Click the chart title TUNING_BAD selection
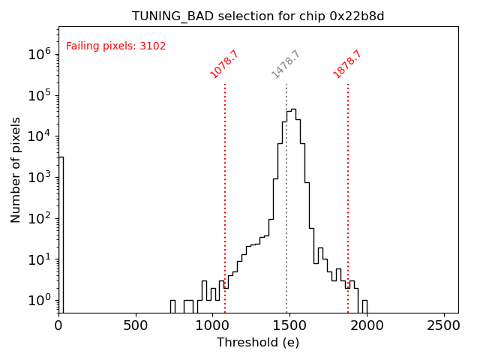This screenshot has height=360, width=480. pyautogui.click(x=258, y=16)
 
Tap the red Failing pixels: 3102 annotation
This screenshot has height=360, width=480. pyautogui.click(x=116, y=46)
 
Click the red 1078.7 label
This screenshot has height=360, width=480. pyautogui.click(x=223, y=64)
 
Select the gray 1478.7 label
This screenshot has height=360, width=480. pyautogui.click(x=285, y=64)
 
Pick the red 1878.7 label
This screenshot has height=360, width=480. pyautogui.click(x=346, y=64)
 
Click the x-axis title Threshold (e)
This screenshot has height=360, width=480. pyautogui.click(x=258, y=343)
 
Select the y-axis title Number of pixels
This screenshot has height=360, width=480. pyautogui.click(x=16, y=169)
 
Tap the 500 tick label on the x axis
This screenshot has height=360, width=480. pyautogui.click(x=136, y=326)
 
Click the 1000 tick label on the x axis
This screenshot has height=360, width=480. pyautogui.click(x=212, y=326)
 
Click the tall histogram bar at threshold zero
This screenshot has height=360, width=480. pyautogui.click(x=61, y=232)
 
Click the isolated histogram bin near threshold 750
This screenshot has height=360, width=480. pyautogui.click(x=172, y=306)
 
